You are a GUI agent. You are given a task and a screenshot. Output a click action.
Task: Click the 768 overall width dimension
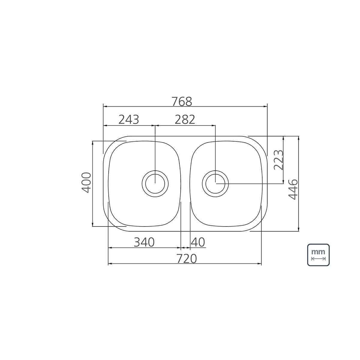click(181, 101)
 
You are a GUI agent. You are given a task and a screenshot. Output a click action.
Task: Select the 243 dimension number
click(129, 120)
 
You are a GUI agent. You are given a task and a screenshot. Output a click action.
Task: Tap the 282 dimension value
click(185, 120)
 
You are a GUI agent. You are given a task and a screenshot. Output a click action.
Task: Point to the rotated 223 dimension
click(278, 160)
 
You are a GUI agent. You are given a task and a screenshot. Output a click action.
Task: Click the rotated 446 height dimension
click(293, 189)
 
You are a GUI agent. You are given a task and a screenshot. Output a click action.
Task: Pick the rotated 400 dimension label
click(86, 182)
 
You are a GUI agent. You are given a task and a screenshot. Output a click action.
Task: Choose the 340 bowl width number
click(144, 242)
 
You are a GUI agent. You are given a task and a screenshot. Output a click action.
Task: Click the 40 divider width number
click(198, 242)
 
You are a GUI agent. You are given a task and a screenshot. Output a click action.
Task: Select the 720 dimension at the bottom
click(187, 259)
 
